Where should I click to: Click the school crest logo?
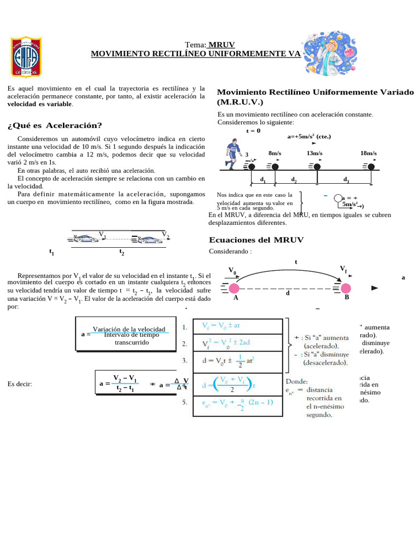(x=26, y=57)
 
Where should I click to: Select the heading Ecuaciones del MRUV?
(x=256, y=240)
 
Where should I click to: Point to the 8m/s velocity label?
(x=275, y=154)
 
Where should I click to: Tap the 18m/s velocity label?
(x=369, y=154)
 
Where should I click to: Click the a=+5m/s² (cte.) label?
(x=309, y=137)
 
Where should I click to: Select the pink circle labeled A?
(x=234, y=288)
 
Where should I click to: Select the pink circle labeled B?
(x=346, y=288)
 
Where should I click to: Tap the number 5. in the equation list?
(x=186, y=402)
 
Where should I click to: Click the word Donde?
(x=297, y=381)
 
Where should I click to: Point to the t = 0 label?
(x=253, y=131)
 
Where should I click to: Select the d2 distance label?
(x=294, y=179)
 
